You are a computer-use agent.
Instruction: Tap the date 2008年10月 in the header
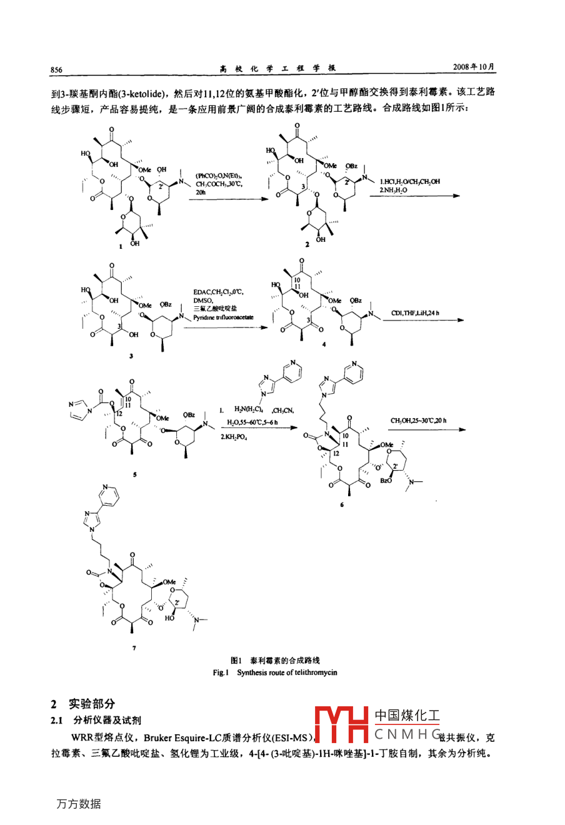474,67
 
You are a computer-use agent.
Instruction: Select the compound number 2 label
307,244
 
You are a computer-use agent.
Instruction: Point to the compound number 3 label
131,356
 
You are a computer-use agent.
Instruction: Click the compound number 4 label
324,344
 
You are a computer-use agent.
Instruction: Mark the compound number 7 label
134,648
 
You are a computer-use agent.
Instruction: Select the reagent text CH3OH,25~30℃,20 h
418,421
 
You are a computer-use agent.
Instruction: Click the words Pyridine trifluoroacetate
223,318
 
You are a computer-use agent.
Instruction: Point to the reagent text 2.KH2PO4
234,437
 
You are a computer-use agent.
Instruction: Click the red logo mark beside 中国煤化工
341,725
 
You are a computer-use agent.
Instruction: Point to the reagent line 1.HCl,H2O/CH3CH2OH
409,181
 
